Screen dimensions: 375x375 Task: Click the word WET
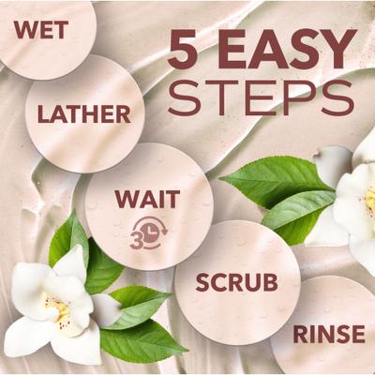coord(41,30)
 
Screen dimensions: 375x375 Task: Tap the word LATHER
coord(84,114)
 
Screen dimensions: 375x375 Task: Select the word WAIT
coord(147,199)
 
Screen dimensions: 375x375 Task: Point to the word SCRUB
coord(236,282)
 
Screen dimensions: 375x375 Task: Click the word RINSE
coord(329,334)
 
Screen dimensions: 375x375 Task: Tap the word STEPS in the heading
coord(262,97)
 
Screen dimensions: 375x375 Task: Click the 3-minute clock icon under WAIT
coord(149,232)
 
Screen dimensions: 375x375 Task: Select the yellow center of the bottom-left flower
coord(60,309)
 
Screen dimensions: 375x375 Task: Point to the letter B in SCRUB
coord(271,282)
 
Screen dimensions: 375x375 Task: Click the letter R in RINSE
coord(300,334)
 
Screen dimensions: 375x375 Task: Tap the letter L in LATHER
coord(43,114)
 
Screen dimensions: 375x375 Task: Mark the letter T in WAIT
coord(172,199)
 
